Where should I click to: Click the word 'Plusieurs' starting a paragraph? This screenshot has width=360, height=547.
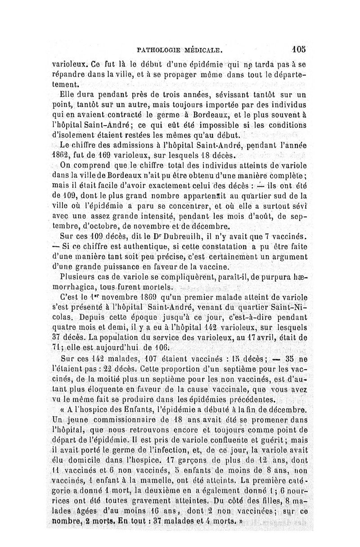pyautogui.click(x=79, y=276)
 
